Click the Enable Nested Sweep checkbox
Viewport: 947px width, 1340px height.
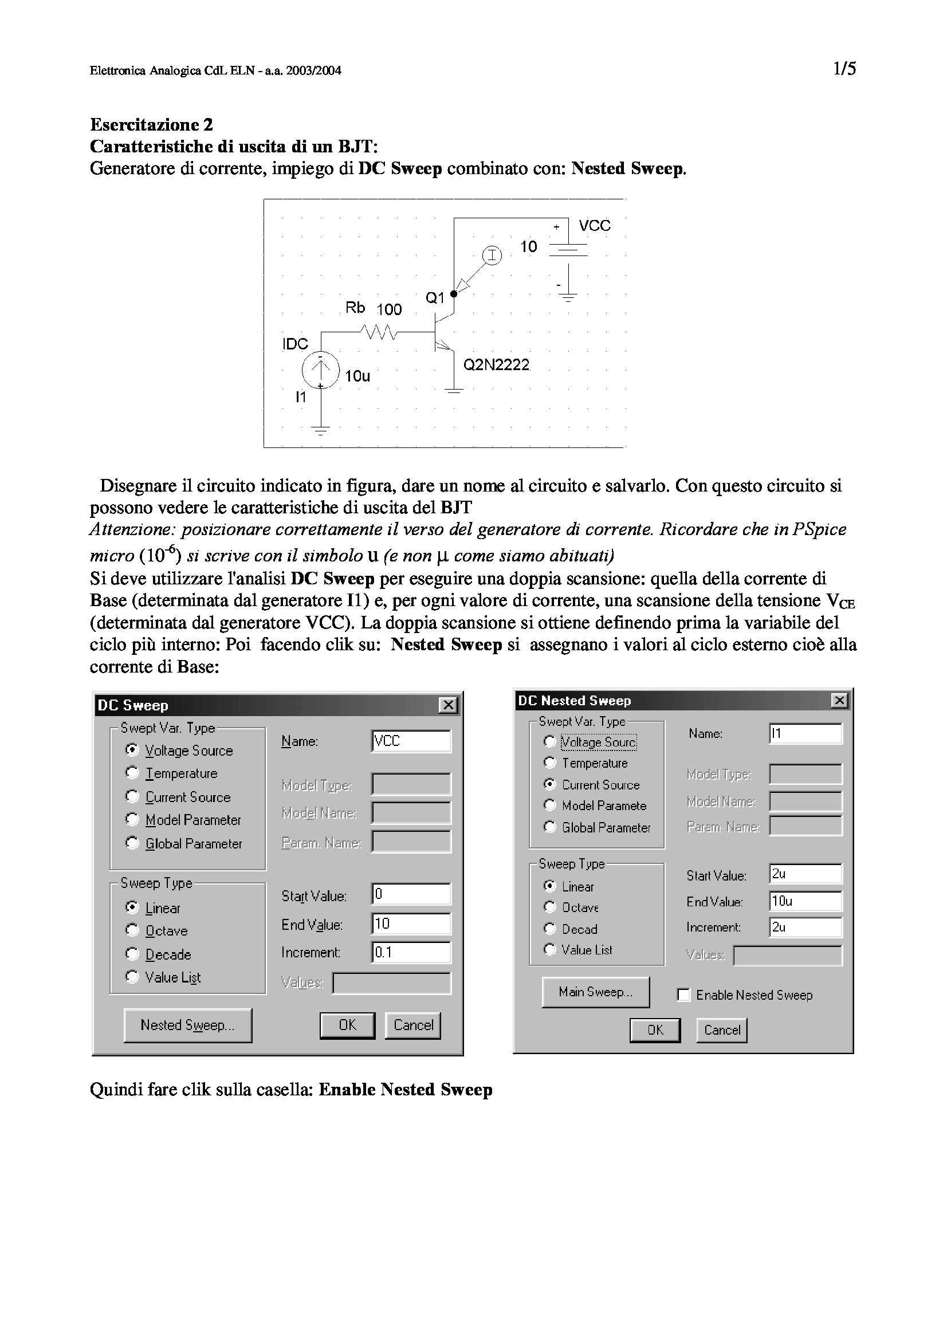point(684,995)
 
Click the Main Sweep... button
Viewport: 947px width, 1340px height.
point(595,992)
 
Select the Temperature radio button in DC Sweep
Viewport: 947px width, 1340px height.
point(132,773)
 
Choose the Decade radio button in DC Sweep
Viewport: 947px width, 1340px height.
point(132,954)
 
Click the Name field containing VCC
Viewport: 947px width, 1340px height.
point(411,741)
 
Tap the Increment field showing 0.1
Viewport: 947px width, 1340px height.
point(411,953)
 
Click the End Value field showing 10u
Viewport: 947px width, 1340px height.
point(805,901)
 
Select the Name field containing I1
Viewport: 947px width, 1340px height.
point(805,734)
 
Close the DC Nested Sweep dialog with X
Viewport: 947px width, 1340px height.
point(839,700)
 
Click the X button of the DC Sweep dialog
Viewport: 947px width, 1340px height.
point(448,705)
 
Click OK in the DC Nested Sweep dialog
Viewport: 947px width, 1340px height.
point(655,1030)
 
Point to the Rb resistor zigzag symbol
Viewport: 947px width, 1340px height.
point(379,332)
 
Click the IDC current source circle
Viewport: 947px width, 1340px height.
point(320,369)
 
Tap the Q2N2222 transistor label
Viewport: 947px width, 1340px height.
point(496,365)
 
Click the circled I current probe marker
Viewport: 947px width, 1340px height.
point(492,255)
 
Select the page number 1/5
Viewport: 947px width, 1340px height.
point(844,69)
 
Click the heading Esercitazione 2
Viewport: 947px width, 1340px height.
point(152,124)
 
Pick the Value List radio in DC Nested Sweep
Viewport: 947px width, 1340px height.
point(549,949)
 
